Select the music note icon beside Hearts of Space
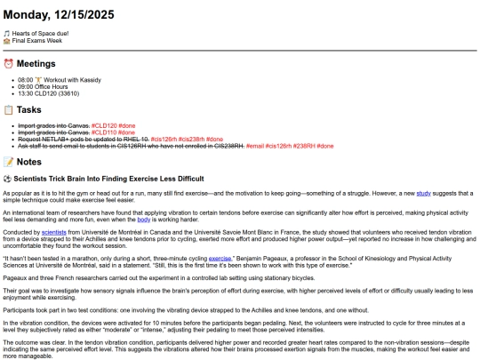click(x=7, y=33)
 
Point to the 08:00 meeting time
click(x=25, y=78)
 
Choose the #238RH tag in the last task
click(x=304, y=146)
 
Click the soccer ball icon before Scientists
click(x=7, y=179)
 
